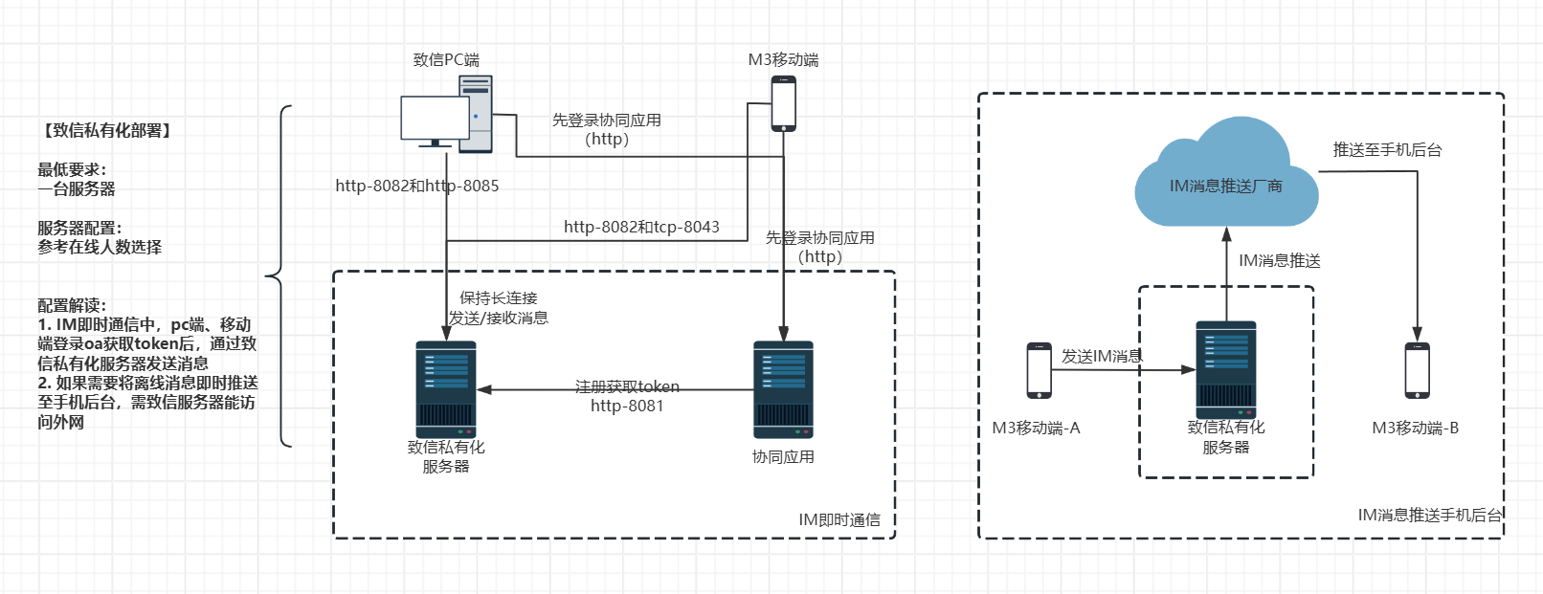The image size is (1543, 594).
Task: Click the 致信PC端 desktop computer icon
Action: coord(446,115)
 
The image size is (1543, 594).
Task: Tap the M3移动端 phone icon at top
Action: coord(784,103)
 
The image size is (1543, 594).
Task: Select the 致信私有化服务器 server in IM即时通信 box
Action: coord(446,388)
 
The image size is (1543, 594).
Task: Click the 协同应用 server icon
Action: coord(783,388)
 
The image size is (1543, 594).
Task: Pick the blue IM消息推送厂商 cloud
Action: coord(1225,177)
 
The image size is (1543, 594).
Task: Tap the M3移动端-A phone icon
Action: coord(1039,370)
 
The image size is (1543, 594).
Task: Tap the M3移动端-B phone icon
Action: coord(1417,370)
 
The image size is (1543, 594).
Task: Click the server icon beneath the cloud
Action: coord(1226,369)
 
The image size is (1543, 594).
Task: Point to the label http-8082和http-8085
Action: coord(417,186)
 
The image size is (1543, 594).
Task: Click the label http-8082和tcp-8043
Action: coord(641,227)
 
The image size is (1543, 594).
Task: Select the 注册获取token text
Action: coord(627,386)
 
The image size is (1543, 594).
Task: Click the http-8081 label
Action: coord(627,406)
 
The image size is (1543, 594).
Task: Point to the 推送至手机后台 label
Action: coord(1387,150)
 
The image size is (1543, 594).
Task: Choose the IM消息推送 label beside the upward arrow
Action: coord(1280,261)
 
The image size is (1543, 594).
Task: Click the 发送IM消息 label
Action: coord(1102,357)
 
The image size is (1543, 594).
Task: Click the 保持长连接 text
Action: coord(499,298)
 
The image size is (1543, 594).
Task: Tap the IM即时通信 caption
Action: coord(839,520)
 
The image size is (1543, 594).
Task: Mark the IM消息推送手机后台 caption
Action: coord(1430,516)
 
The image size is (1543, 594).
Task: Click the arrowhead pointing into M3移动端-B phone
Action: coord(1418,335)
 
